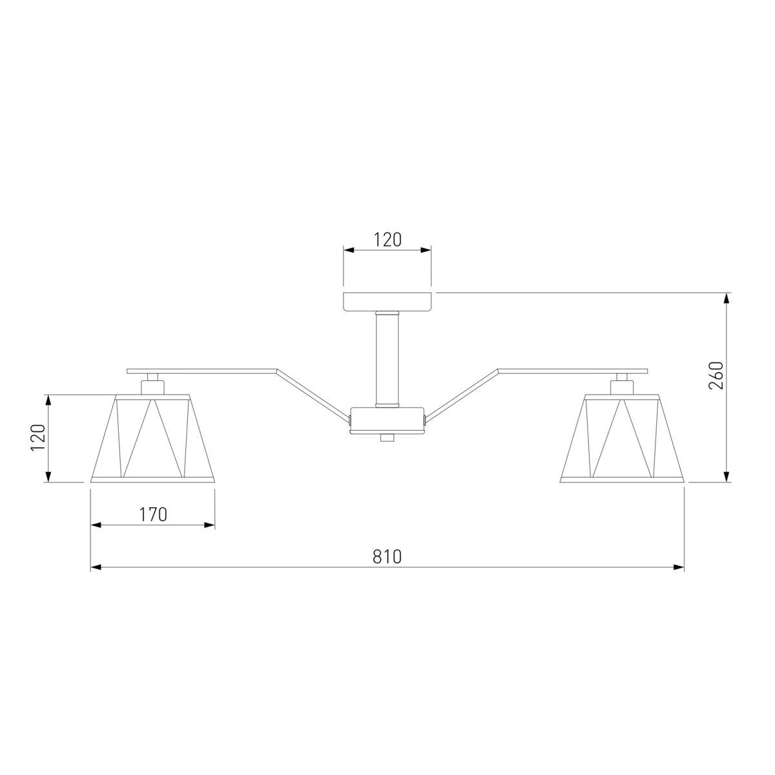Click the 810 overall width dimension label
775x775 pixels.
click(x=387, y=557)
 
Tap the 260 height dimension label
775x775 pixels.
click(x=716, y=375)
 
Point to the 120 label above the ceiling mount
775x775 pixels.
click(x=387, y=240)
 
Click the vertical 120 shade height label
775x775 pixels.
click(x=39, y=438)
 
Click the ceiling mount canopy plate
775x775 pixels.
click(x=387, y=302)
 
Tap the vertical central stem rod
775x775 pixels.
click(x=387, y=359)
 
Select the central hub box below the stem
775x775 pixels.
click(x=387, y=420)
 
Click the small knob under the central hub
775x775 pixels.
click(x=387, y=438)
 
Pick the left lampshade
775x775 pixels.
click(x=153, y=438)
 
